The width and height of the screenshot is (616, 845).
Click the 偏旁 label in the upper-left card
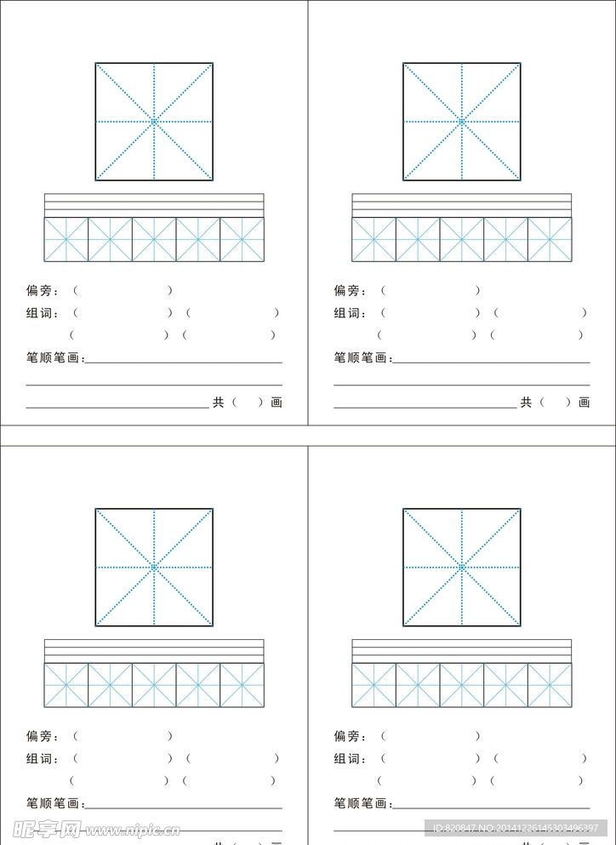coord(42,291)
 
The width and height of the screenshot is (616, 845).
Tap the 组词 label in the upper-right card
coord(350,313)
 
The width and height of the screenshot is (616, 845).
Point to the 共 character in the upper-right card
coord(526,403)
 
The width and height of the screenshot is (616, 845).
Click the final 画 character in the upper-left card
coord(277,403)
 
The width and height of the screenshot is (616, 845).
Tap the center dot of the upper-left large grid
coord(154,122)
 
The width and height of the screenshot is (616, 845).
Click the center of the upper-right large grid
coord(462,122)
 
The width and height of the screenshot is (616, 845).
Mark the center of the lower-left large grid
coord(154,567)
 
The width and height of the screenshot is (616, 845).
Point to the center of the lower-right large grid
coord(462,567)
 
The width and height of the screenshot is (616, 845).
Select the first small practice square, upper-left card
coord(66,239)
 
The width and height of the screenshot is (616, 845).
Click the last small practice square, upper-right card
coord(550,239)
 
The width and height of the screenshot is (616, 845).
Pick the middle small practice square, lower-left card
coord(154,685)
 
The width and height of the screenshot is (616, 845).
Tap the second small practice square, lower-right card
coord(418,685)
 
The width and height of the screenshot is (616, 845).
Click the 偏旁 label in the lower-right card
coord(350,737)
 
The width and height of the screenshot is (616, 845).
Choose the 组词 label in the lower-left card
coord(42,759)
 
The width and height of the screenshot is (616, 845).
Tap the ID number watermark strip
coord(516,828)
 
